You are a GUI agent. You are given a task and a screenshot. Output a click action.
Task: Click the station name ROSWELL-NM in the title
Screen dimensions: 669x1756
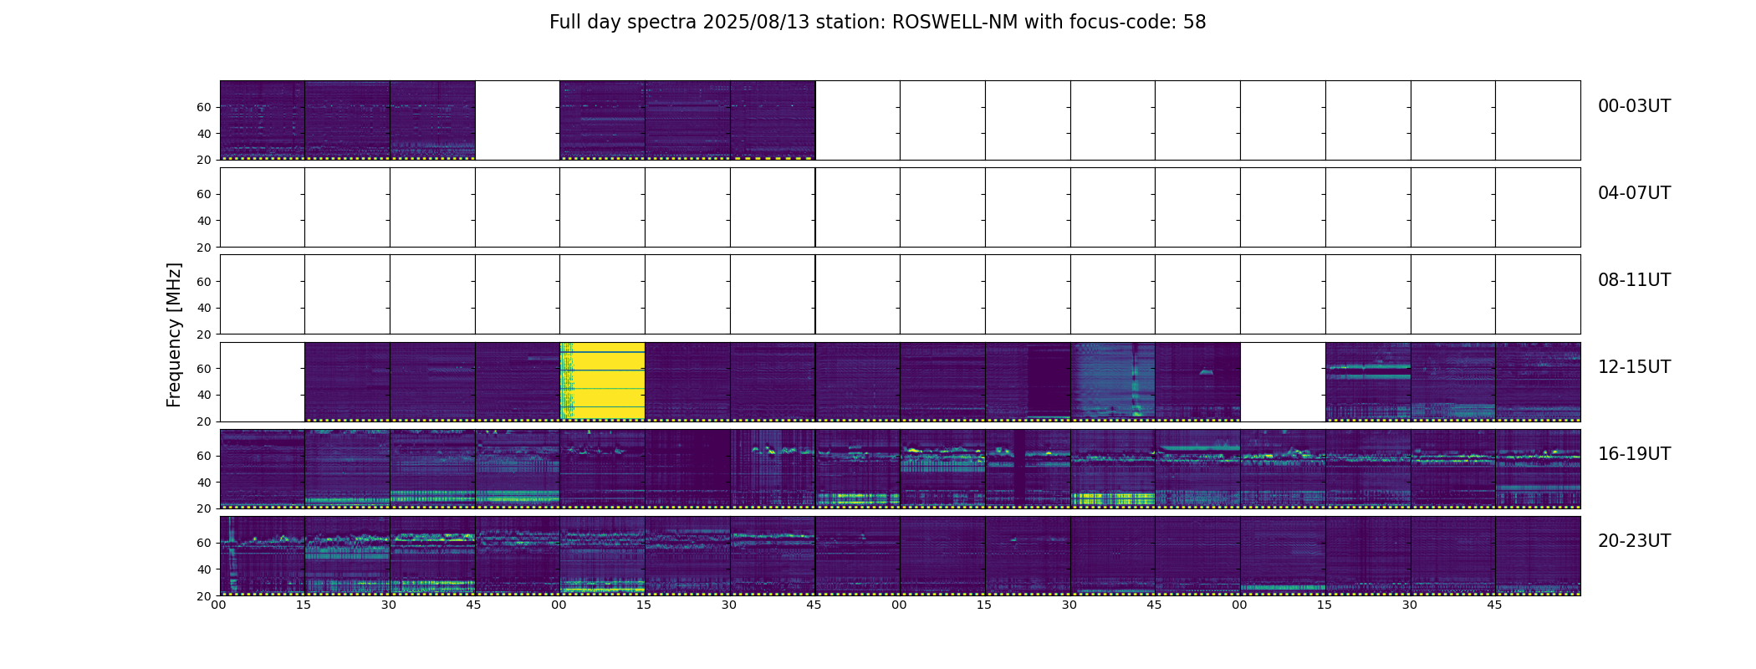tap(955, 23)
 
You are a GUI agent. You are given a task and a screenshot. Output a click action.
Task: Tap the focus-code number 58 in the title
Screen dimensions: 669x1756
tap(1194, 23)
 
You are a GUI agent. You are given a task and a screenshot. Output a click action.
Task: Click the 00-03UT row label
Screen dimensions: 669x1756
tap(1634, 106)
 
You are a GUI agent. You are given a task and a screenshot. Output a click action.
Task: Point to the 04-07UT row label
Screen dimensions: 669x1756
tap(1634, 193)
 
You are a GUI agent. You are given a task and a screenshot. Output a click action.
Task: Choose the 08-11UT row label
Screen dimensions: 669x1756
tap(1634, 280)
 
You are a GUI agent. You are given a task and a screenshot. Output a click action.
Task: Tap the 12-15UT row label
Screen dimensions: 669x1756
tap(1634, 367)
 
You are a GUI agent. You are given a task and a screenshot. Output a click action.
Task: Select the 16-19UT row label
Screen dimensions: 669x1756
tap(1634, 454)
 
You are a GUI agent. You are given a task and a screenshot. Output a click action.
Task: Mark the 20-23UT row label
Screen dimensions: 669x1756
tap(1634, 541)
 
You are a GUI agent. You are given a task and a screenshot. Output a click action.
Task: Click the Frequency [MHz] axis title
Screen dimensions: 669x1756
tap(174, 334)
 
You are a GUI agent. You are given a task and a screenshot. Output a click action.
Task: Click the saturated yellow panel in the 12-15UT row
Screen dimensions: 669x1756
tap(602, 381)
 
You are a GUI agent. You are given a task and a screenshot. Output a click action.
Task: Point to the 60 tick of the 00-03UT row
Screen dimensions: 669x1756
tap(204, 107)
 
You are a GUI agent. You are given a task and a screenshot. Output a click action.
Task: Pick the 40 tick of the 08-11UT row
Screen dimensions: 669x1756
tap(204, 308)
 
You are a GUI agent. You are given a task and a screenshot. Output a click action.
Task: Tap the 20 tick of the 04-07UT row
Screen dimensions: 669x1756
tap(204, 248)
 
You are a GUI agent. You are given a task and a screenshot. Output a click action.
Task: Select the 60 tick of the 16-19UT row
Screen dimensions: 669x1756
tap(204, 456)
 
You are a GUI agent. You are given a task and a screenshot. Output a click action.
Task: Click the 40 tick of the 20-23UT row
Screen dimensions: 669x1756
tap(204, 569)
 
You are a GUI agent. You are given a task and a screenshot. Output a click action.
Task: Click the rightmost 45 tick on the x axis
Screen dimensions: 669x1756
tap(1494, 605)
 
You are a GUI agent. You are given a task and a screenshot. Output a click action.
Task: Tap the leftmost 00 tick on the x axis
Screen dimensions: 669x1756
tap(219, 605)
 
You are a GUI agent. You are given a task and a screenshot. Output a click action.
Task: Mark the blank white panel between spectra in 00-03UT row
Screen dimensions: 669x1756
tap(517, 120)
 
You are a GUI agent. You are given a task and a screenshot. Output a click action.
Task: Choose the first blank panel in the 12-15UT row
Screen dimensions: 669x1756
tap(262, 381)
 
